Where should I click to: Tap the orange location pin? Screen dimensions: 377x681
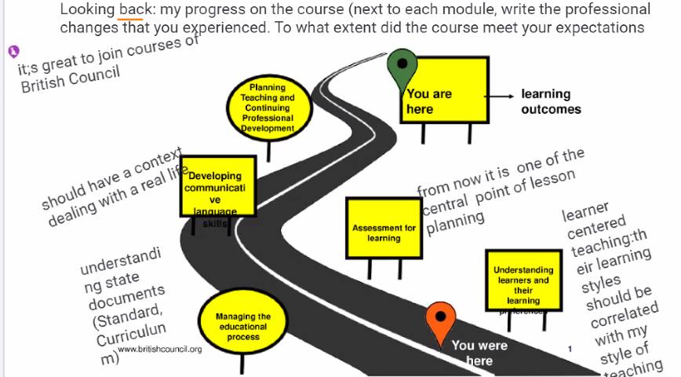click(x=440, y=319)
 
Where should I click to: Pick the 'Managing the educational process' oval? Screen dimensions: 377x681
click(x=243, y=326)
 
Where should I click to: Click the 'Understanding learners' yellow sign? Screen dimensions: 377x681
click(x=523, y=281)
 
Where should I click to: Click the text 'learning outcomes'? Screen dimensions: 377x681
click(x=551, y=102)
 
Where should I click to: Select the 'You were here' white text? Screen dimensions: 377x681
click(x=479, y=353)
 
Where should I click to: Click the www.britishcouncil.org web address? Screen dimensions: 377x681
click(x=160, y=350)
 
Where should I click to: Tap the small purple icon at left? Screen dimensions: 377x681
click(x=13, y=52)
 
